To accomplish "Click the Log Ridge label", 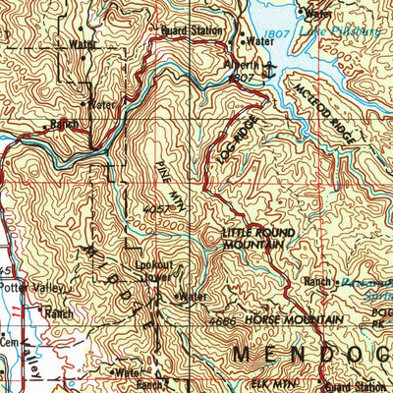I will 225,139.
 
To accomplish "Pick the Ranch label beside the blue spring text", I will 317,282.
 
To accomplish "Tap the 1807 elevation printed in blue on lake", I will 274,33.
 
